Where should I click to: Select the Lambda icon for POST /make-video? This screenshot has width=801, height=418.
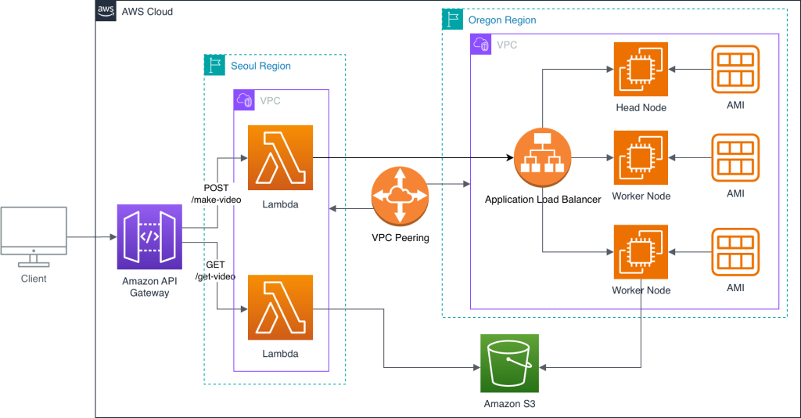tap(279, 157)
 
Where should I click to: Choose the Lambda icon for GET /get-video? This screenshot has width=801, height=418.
tap(279, 308)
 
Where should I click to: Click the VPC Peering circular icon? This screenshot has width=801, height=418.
tap(400, 197)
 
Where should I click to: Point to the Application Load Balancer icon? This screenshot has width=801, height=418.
tap(543, 158)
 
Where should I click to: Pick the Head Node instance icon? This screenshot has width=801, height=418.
tap(641, 70)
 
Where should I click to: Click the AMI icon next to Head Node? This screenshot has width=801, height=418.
tap(735, 70)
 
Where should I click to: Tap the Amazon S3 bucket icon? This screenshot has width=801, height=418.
tap(510, 363)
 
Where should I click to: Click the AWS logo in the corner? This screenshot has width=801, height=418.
tap(106, 11)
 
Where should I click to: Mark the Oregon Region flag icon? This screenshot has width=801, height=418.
tap(451, 19)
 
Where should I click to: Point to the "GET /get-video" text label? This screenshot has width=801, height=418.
tap(215, 271)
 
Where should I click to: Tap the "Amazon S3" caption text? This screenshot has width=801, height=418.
tap(510, 403)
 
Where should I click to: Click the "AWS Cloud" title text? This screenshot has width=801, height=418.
tap(147, 12)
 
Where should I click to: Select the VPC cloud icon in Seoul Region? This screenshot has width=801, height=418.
tap(245, 100)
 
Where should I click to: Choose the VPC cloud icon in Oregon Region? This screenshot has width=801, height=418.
tap(481, 45)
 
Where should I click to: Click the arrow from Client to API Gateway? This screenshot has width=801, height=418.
tap(91, 236)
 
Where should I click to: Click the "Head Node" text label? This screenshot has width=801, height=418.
tap(641, 107)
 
